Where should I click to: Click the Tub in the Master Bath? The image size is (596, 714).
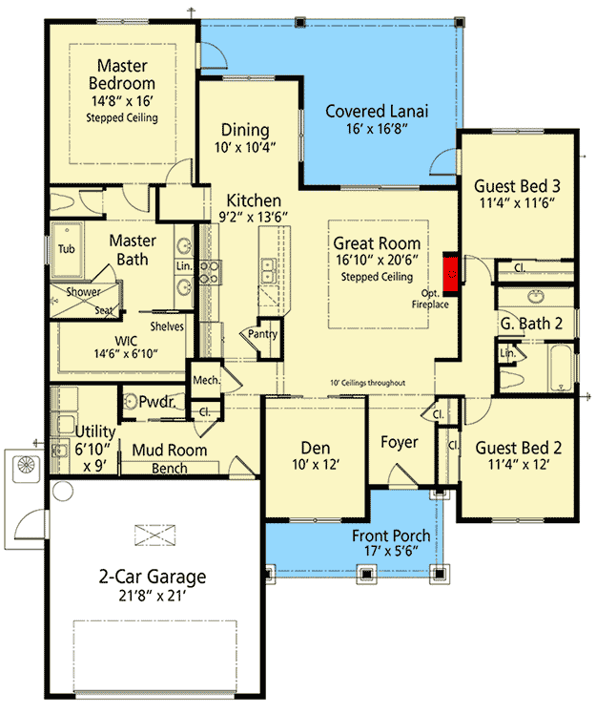click(x=66, y=248)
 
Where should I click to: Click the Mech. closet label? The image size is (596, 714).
click(x=206, y=380)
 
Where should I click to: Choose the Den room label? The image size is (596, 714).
click(x=316, y=446)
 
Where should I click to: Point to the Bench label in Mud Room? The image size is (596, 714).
click(x=170, y=469)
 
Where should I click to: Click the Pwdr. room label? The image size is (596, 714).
click(x=154, y=403)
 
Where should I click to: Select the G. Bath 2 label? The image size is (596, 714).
click(x=532, y=324)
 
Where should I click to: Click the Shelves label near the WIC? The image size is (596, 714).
click(x=166, y=326)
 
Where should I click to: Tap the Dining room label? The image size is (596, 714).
click(x=245, y=130)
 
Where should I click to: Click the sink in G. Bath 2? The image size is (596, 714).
click(x=532, y=294)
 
